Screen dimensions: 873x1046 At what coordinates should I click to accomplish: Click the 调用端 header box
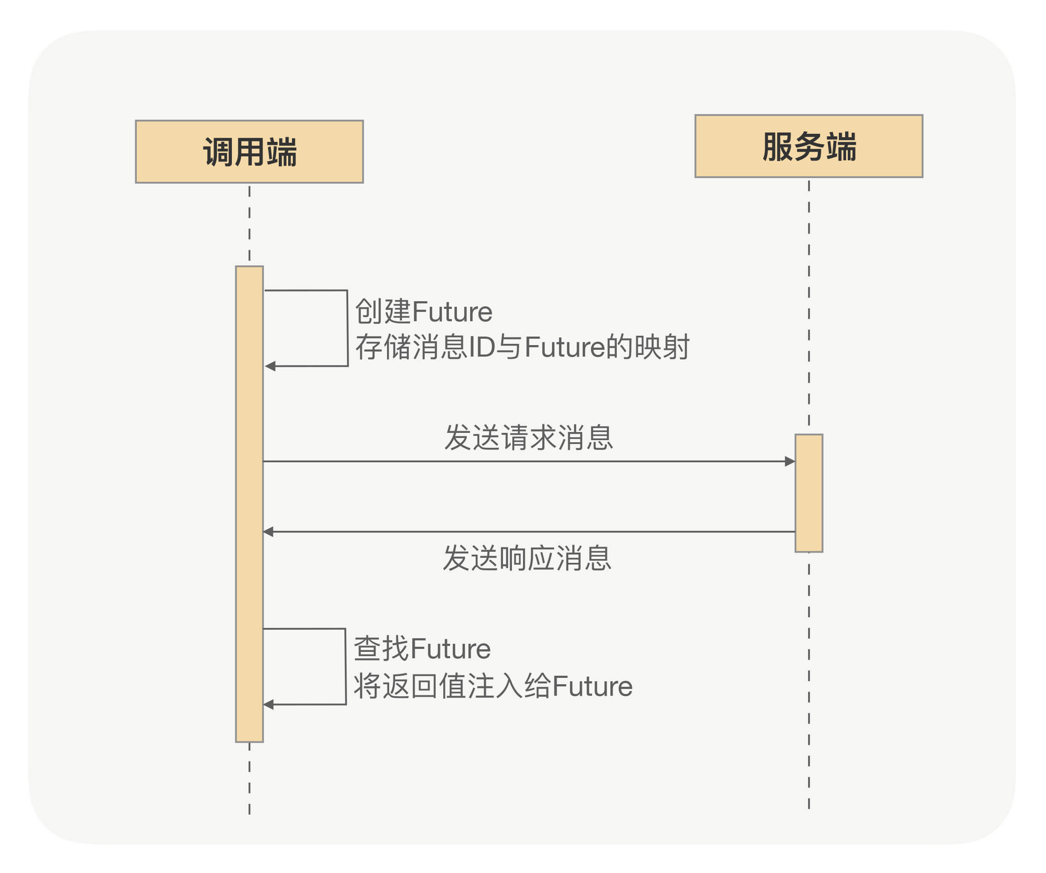click(249, 151)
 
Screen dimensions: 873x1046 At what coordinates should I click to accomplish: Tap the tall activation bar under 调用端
click(249, 503)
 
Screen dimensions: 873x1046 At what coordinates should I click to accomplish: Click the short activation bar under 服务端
click(809, 493)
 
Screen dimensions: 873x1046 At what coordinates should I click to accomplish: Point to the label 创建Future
click(423, 312)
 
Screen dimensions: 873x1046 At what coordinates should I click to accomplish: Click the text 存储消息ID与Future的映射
click(522, 347)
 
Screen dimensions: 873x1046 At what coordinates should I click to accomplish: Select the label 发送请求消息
click(528, 438)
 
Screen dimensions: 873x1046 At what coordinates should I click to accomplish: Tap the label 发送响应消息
click(527, 558)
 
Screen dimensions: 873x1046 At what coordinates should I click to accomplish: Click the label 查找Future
click(422, 649)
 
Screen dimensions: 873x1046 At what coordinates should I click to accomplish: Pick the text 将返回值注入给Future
click(493, 686)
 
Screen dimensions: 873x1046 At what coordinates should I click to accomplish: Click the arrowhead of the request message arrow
click(789, 461)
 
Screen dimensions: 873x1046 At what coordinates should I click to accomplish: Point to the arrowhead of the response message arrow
click(269, 532)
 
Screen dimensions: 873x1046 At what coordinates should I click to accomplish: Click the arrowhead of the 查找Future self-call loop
click(269, 705)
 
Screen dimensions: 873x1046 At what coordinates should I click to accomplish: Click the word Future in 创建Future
click(452, 312)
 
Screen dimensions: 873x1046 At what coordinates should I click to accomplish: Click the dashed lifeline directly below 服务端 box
click(809, 299)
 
